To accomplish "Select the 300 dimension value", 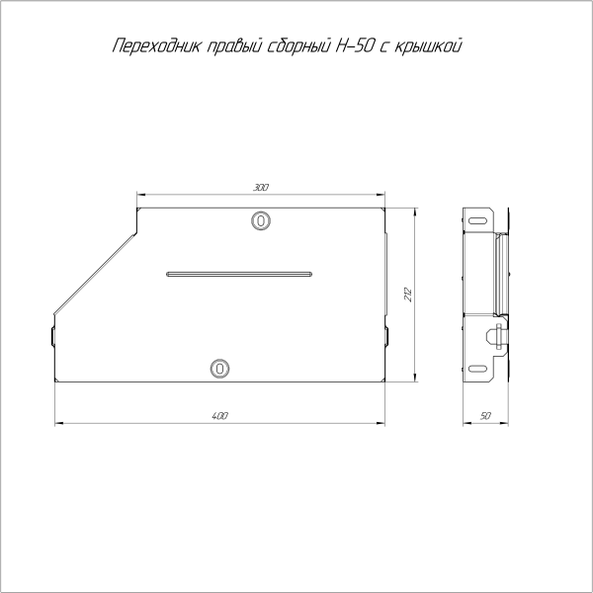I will click(260, 187).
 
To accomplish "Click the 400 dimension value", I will click(219, 415).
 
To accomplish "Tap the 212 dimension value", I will click(406, 295).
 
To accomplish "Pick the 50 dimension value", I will click(485, 416).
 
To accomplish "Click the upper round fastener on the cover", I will click(259, 220).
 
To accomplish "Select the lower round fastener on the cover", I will click(219, 369).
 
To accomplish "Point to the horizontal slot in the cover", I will click(239, 273).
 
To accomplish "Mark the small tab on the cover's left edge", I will click(50, 336).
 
